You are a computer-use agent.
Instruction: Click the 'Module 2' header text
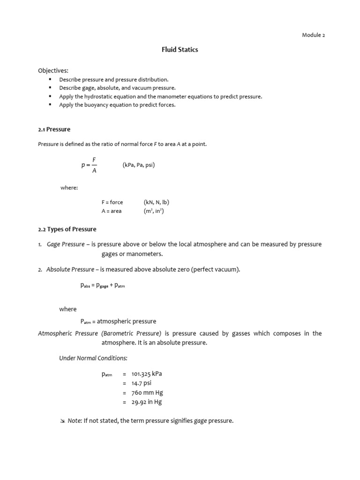(313, 35)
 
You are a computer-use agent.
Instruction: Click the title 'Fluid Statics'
(180, 50)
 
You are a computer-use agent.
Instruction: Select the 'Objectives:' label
(53, 71)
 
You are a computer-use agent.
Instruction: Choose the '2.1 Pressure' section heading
(54, 129)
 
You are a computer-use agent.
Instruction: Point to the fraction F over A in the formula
(94, 165)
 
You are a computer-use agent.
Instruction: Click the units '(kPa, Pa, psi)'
(139, 165)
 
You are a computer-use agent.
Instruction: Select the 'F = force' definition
(112, 202)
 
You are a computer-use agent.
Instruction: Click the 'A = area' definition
(111, 211)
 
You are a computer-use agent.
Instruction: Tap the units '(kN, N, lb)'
(156, 202)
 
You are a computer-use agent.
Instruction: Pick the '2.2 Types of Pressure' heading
(67, 229)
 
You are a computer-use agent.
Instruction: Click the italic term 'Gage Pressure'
(66, 244)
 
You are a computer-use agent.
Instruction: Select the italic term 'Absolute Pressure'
(70, 269)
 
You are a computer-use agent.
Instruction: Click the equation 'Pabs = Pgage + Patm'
(103, 285)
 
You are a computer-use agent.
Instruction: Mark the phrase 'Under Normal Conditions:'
(93, 358)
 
